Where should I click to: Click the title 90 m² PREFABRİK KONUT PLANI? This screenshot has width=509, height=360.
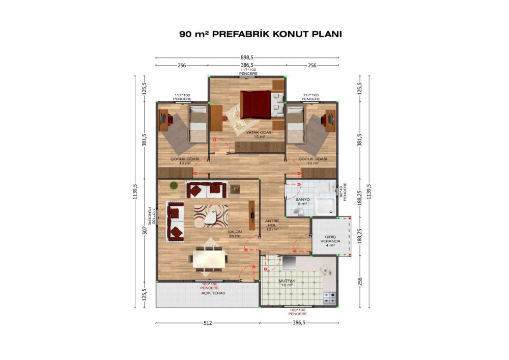(x=260, y=34)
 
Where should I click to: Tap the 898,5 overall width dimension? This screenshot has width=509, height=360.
(x=247, y=58)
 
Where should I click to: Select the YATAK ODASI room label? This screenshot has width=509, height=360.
(x=259, y=133)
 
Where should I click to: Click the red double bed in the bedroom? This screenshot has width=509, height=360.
(x=256, y=104)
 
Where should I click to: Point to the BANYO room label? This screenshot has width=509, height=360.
(x=302, y=200)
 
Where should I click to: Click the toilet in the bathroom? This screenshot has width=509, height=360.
(x=299, y=212)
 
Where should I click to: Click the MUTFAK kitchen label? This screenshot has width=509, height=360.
(x=287, y=281)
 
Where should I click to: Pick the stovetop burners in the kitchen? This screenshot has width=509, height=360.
(x=329, y=298)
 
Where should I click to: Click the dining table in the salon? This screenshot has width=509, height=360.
(x=209, y=259)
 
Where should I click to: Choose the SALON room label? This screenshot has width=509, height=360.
(x=234, y=232)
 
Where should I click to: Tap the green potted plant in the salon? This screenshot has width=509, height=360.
(x=174, y=185)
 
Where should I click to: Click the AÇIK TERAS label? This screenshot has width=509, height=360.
(x=213, y=293)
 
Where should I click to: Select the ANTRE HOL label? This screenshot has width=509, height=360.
(x=272, y=223)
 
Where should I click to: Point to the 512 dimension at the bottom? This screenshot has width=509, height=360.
(x=208, y=323)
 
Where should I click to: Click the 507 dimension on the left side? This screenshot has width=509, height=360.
(x=145, y=231)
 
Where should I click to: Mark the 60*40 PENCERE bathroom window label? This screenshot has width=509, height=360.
(x=343, y=191)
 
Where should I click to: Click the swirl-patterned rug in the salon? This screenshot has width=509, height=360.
(x=211, y=216)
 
